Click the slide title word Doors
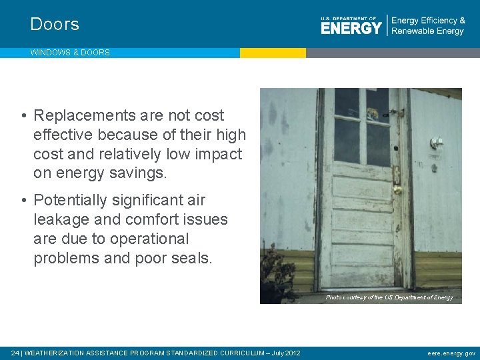[x=55, y=25]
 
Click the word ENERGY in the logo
[x=351, y=27]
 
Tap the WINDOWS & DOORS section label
[x=70, y=53]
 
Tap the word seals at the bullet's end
[x=190, y=258]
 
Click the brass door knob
[x=397, y=190]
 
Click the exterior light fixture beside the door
[x=437, y=143]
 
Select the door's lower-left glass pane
[x=347, y=141]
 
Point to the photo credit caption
[x=389, y=297]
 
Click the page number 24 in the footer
[x=15, y=353]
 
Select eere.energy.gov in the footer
[x=451, y=353]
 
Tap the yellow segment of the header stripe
[x=273, y=53]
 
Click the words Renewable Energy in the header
[x=427, y=31]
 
